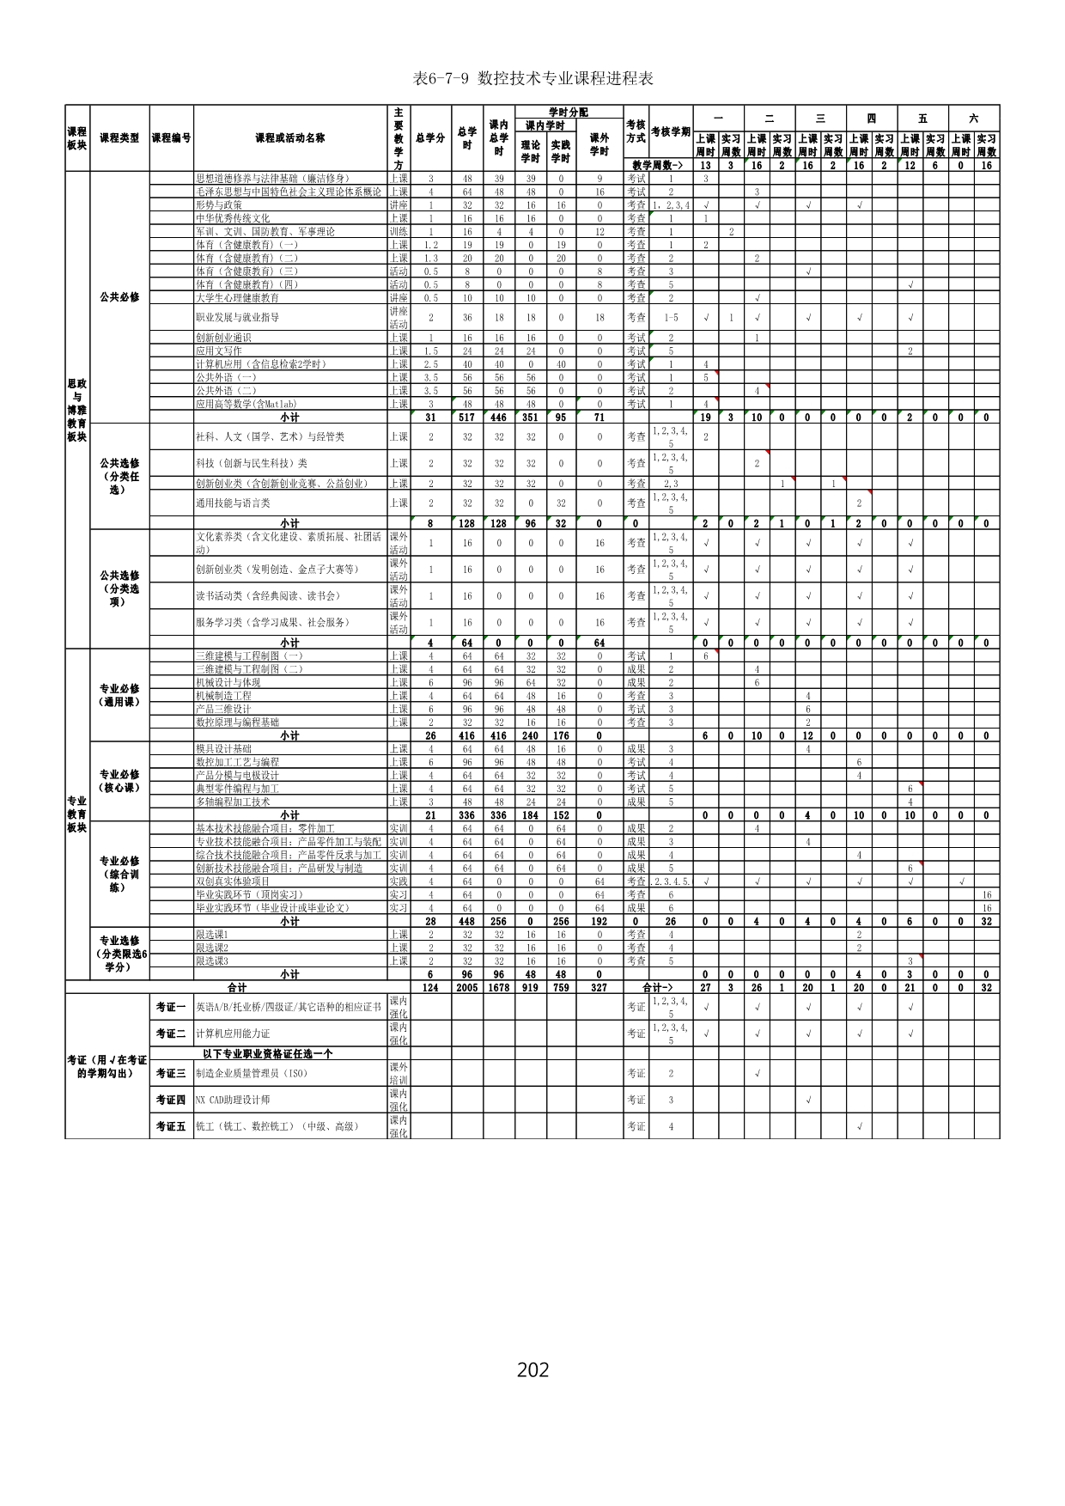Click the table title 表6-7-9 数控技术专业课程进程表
coord(532,79)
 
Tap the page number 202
coord(532,1370)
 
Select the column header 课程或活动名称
coord(289,137)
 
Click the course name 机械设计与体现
coord(228,682)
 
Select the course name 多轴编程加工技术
coord(233,802)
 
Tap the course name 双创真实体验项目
coord(233,881)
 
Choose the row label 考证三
coord(171,1073)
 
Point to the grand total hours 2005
coord(467,988)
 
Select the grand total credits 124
coord(430,988)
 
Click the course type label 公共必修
coord(119,297)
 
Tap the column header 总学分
coord(430,137)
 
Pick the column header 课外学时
coord(599,144)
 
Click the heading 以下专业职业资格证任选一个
coord(268,1053)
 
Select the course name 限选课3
coord(212,961)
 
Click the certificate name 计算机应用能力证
coord(233,1033)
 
